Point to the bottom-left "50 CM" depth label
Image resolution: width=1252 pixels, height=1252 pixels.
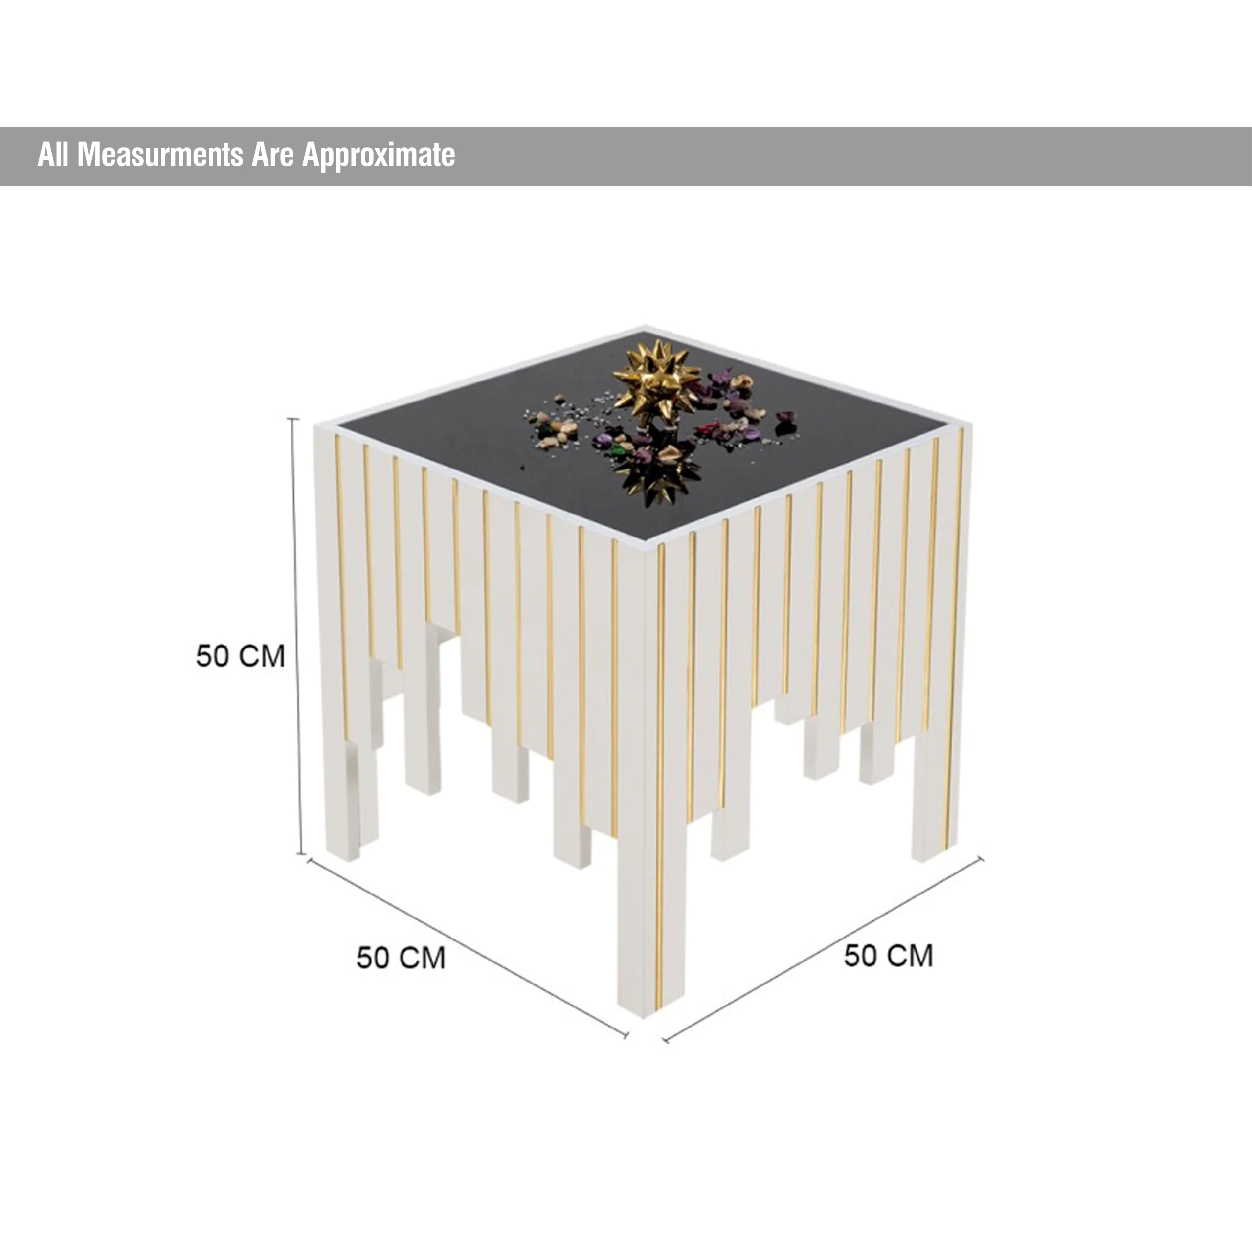click(401, 958)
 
